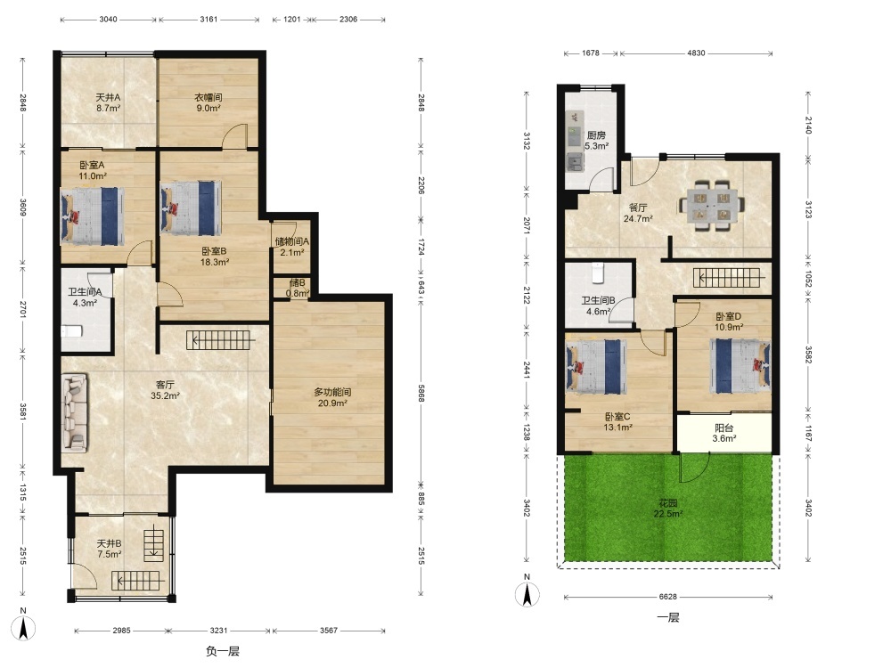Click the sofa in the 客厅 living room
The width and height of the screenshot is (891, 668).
point(75,412)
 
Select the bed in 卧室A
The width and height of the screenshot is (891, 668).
point(92,216)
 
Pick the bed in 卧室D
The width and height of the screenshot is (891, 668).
point(740,366)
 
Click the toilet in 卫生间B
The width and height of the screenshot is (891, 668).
point(598,273)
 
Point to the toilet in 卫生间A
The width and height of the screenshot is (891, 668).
point(71,330)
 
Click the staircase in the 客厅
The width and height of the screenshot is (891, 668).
point(219,340)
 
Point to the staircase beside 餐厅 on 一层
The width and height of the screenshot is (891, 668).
point(727,278)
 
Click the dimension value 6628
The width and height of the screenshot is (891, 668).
point(667,597)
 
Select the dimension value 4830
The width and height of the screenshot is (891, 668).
point(696,53)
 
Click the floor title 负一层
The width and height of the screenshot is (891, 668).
point(222,651)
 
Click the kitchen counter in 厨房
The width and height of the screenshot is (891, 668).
point(576,141)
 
